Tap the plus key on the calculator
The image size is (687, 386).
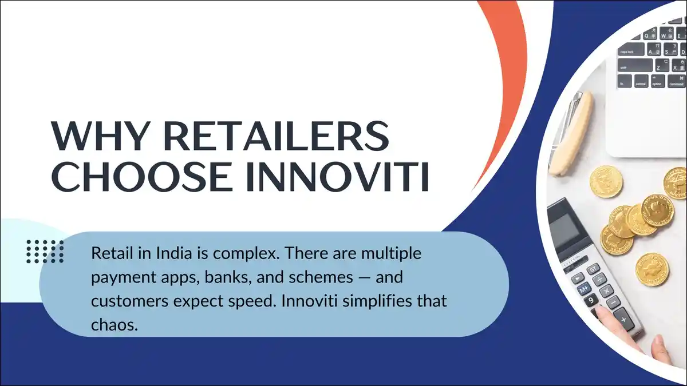click(624, 319)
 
